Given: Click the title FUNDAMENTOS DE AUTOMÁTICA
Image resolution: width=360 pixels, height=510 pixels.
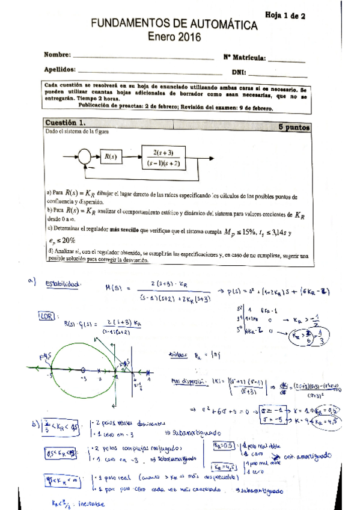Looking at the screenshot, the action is pyautogui.click(x=175, y=25).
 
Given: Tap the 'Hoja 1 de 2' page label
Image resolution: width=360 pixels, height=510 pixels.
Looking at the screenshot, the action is pyautogui.click(x=284, y=17).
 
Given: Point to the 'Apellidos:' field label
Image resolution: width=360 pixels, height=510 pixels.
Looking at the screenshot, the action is pyautogui.click(x=60, y=70).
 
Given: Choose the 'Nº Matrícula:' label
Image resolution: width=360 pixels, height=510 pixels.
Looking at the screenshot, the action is pyautogui.click(x=245, y=58).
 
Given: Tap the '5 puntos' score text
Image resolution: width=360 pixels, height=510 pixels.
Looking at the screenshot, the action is pyautogui.click(x=294, y=127).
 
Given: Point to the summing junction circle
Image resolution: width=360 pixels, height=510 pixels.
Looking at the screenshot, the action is pyautogui.click(x=85, y=157).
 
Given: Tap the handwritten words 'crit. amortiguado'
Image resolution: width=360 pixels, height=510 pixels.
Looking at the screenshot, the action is pyautogui.click(x=311, y=456).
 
